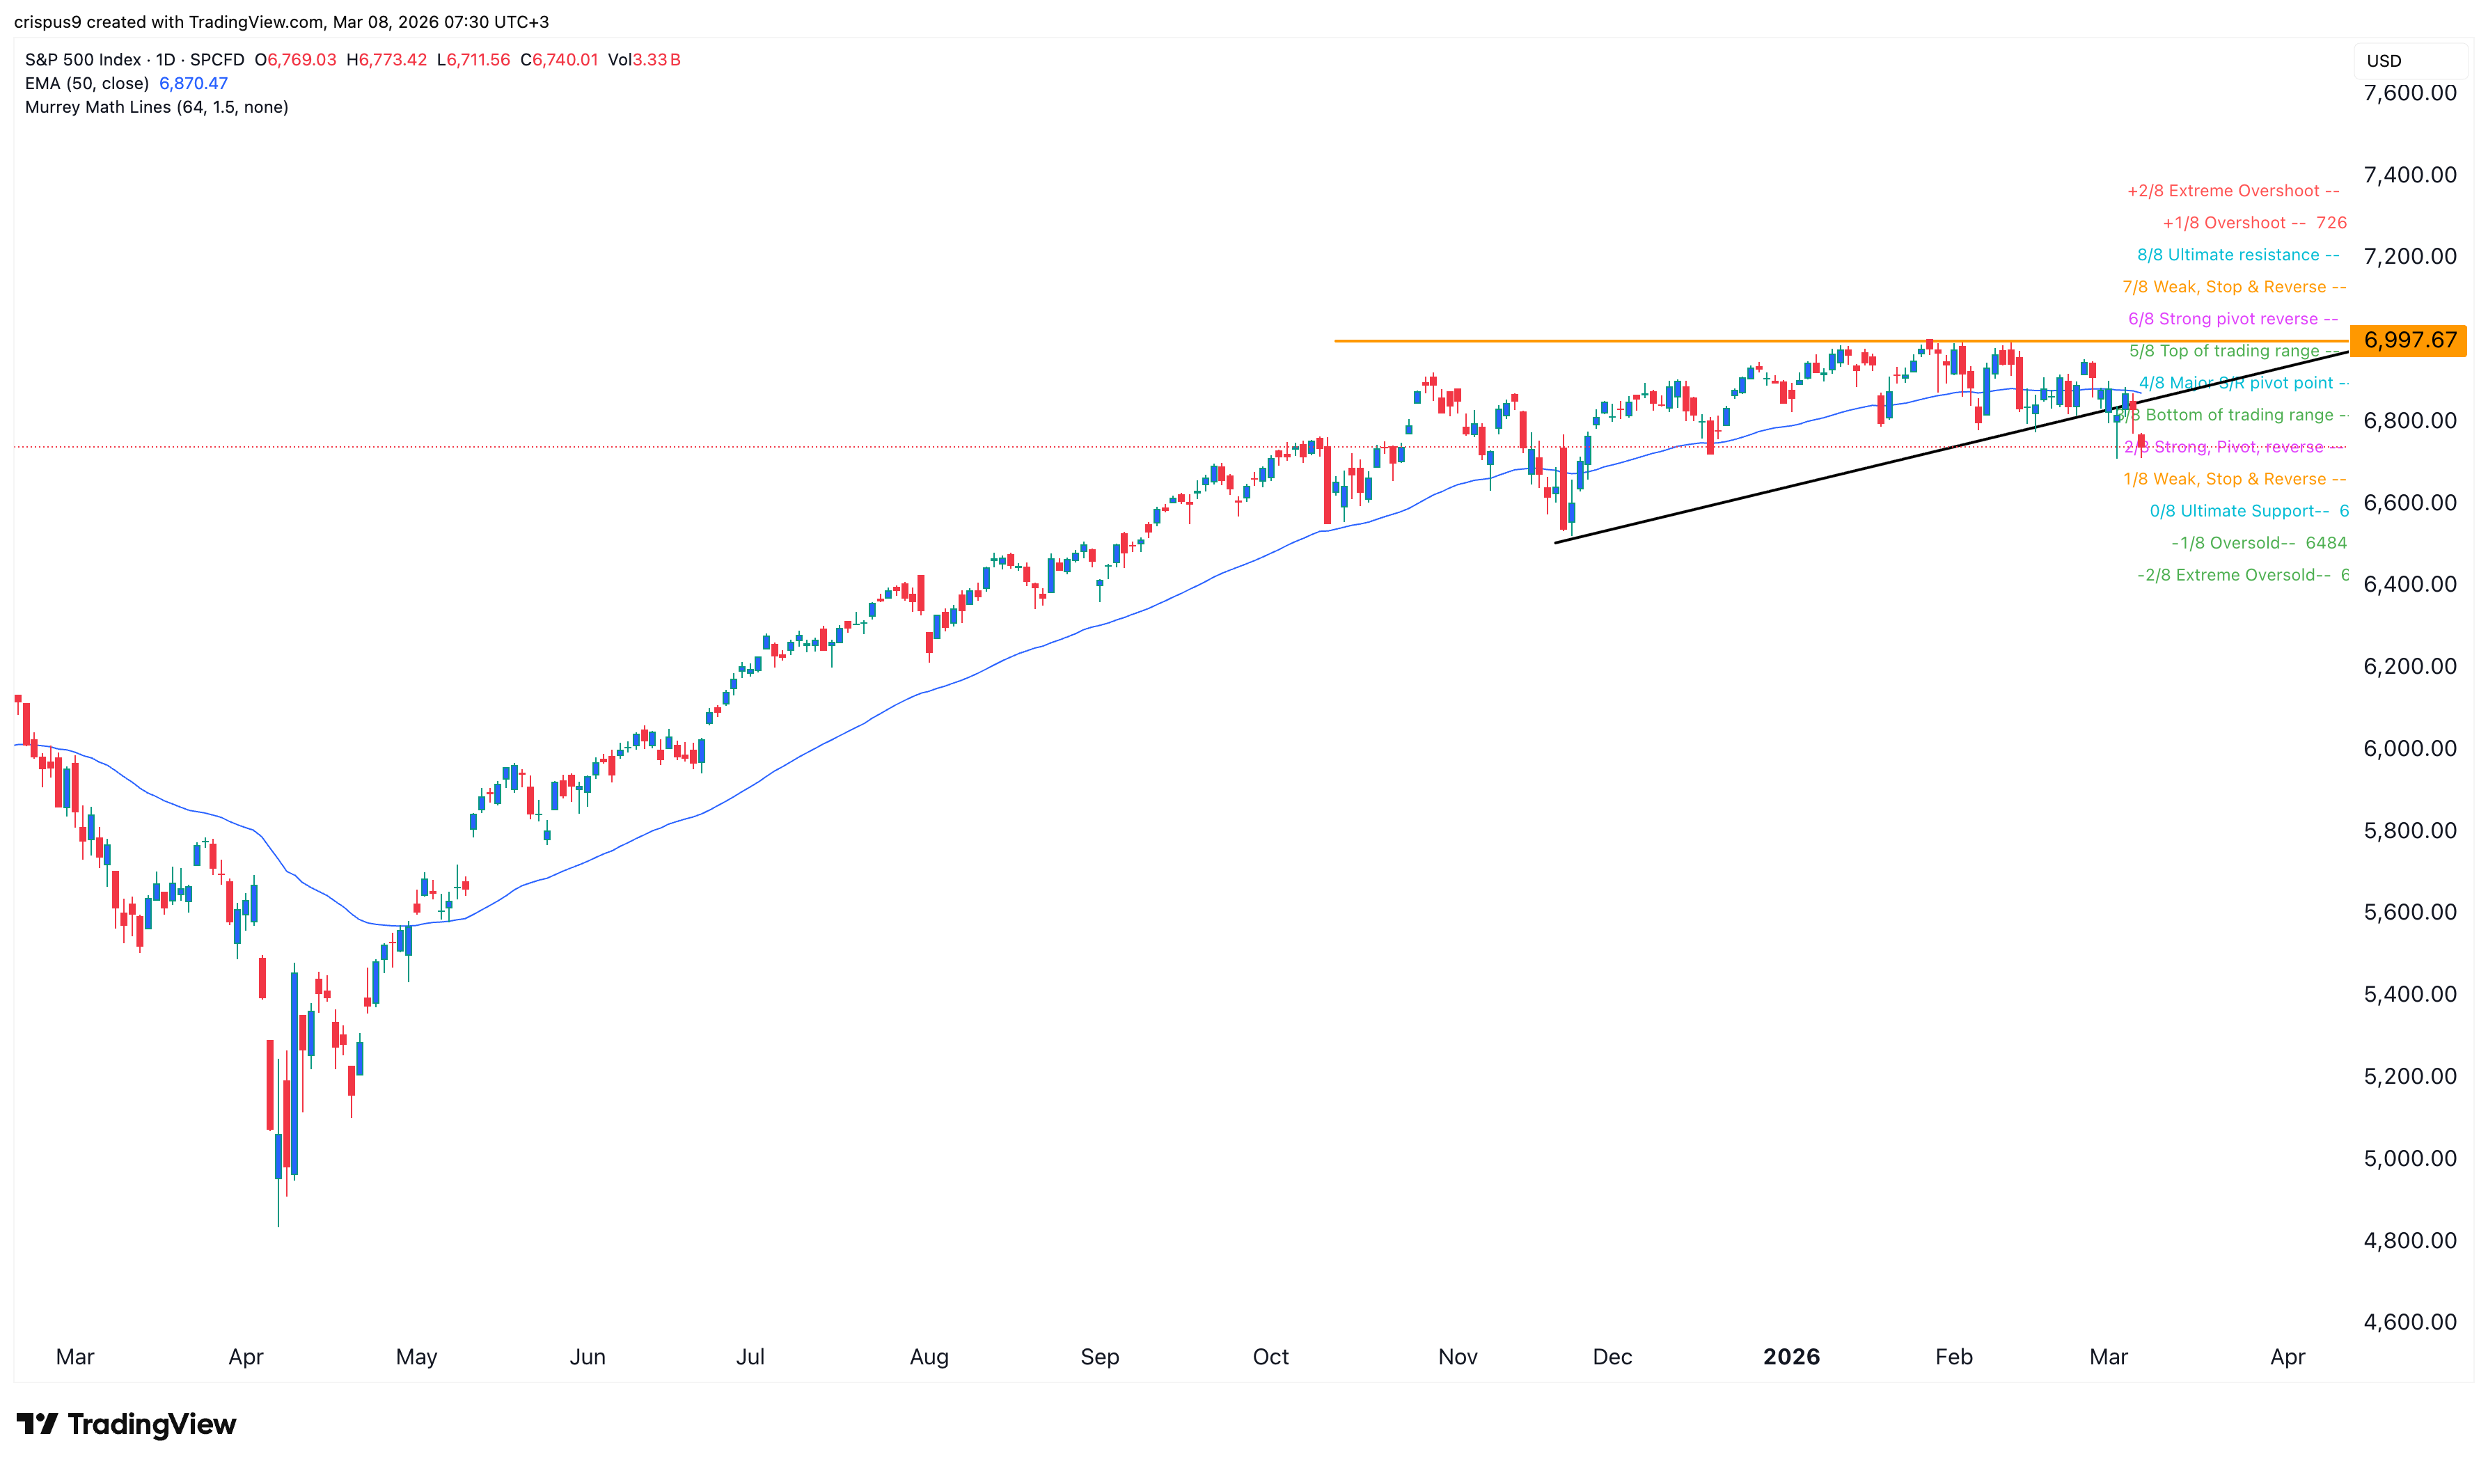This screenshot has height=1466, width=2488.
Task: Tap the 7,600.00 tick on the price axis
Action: (2409, 93)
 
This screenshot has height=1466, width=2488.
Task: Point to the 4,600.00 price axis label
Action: (2409, 1322)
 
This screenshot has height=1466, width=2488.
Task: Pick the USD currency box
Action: (2384, 61)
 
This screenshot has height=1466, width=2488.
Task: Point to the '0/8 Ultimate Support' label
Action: (2239, 511)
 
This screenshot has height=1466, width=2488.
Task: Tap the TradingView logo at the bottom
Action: (127, 1424)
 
